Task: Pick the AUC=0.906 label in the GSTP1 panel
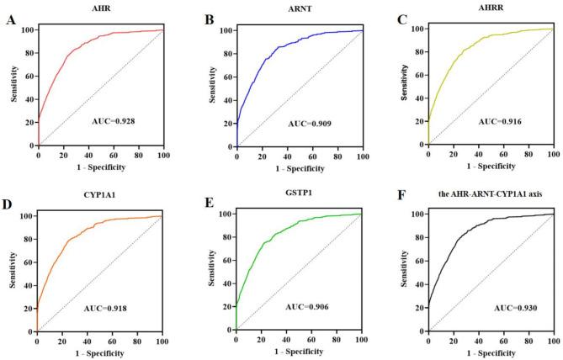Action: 310,308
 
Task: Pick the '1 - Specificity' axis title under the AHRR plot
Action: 491,163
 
